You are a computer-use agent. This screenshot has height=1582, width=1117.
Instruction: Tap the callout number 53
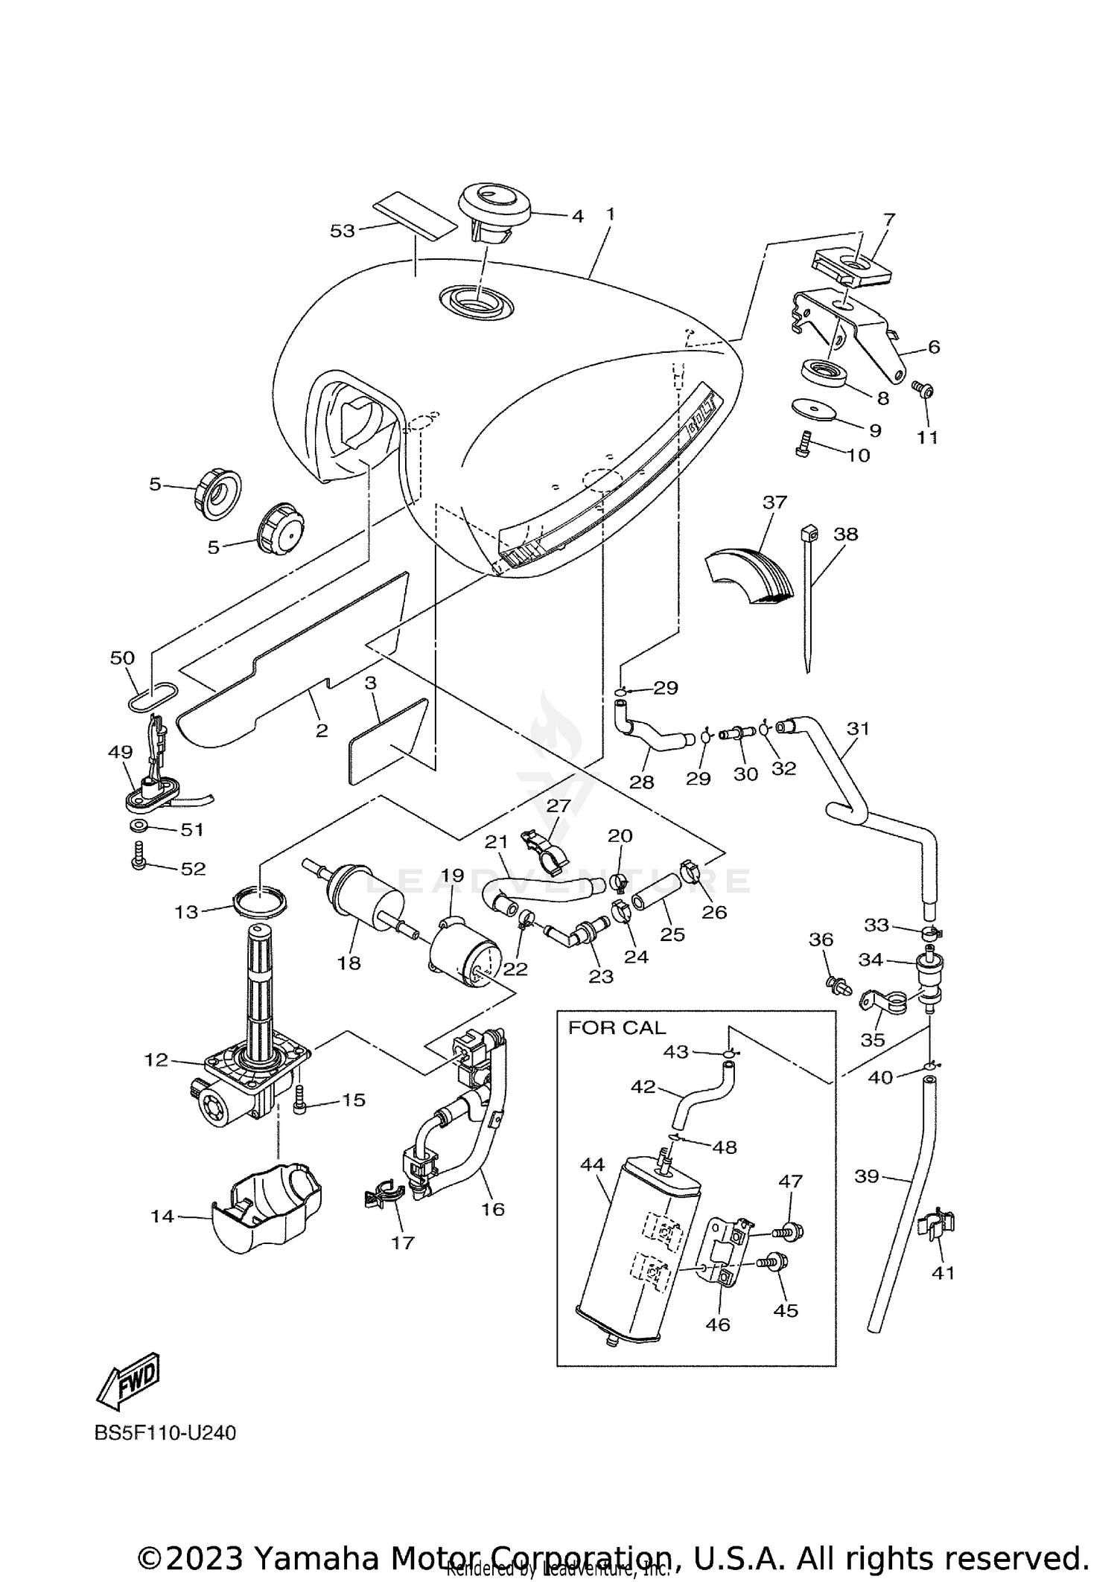click(342, 232)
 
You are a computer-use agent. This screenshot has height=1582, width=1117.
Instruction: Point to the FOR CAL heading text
click(617, 1028)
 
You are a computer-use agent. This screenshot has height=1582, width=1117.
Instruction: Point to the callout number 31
click(858, 728)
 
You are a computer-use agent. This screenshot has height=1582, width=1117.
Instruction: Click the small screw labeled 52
click(139, 856)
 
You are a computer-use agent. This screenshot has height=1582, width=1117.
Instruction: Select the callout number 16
click(492, 1209)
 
